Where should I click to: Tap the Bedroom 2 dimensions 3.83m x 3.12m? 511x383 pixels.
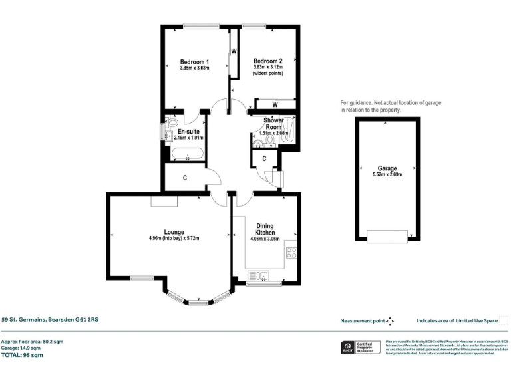click(268, 66)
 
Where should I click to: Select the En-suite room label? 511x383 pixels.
click(188, 132)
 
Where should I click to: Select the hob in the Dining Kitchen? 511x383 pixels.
click(291, 252)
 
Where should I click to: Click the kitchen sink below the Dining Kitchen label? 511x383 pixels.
click(258, 275)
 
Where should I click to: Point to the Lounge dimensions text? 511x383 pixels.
click(174, 238)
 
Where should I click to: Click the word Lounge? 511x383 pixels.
click(174, 231)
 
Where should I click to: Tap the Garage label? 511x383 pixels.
click(387, 168)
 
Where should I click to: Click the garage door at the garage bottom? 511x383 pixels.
click(387, 236)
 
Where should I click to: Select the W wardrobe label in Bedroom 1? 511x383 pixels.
click(234, 51)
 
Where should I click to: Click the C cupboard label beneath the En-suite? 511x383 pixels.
click(184, 178)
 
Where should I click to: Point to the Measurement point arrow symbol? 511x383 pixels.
click(390, 321)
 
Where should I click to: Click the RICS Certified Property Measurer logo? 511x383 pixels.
click(361, 348)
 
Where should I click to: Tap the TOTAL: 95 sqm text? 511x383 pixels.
click(23, 356)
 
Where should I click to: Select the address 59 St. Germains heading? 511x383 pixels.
click(49, 319)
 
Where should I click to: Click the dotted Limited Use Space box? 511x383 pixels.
click(504, 320)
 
